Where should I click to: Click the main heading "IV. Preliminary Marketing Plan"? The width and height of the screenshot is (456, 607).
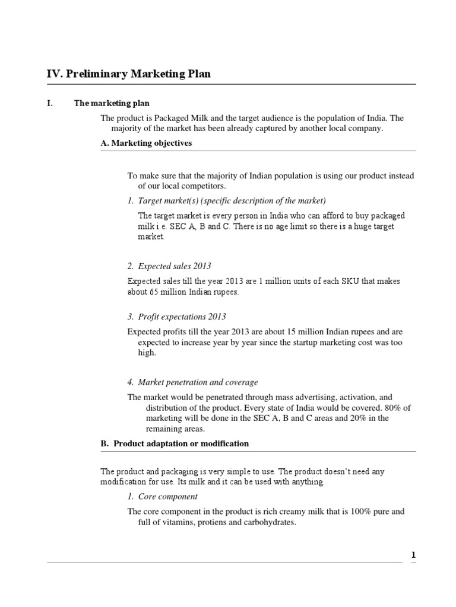point(128,74)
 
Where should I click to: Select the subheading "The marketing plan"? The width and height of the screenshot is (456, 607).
point(106,103)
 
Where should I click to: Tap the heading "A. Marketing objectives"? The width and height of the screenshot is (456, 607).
point(147,143)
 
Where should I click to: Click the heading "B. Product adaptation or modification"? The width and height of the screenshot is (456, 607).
point(175,443)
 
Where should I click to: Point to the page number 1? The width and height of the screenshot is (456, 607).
point(414,555)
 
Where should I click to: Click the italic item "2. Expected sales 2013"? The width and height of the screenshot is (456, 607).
point(169,266)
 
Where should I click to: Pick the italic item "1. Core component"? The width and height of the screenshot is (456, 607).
point(162,496)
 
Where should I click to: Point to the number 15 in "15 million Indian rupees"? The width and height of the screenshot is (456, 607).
point(285,332)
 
